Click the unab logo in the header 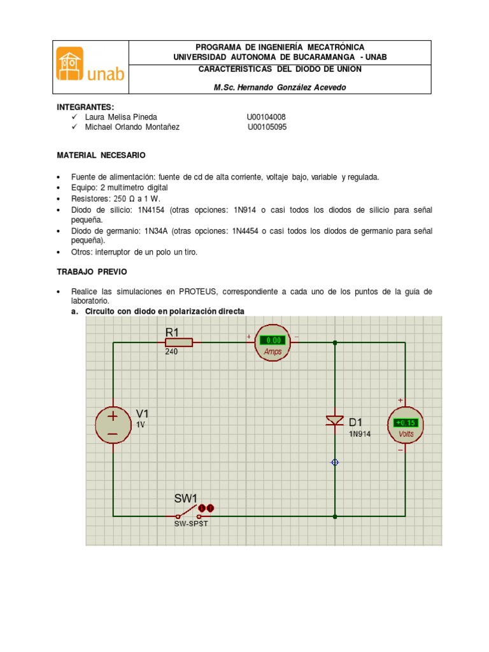(90, 67)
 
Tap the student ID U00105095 (267, 127)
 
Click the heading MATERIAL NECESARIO (101, 155)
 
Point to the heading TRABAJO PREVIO (92, 272)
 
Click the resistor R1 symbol (179, 343)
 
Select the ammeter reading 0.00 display (273, 340)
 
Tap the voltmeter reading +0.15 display (406, 422)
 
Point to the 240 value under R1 (171, 351)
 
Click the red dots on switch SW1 (206, 507)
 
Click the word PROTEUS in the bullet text (196, 292)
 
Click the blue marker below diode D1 (336, 462)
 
